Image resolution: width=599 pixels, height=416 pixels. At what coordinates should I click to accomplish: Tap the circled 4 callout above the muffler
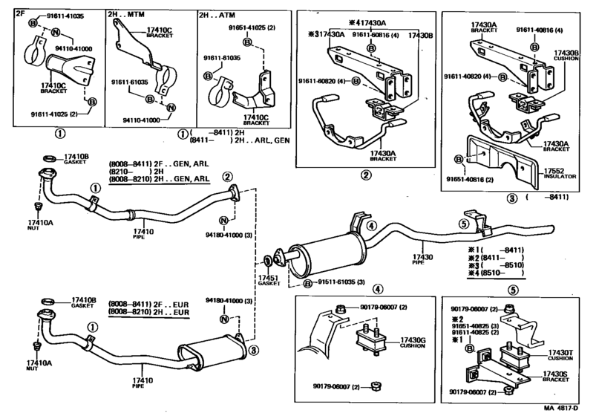coord(373,226)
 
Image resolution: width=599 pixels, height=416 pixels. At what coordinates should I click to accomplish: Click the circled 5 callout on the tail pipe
coord(463,224)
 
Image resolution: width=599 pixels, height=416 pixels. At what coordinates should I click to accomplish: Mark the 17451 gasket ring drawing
coord(267,261)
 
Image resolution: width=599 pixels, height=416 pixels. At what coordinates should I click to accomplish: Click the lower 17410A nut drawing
coord(37,346)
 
